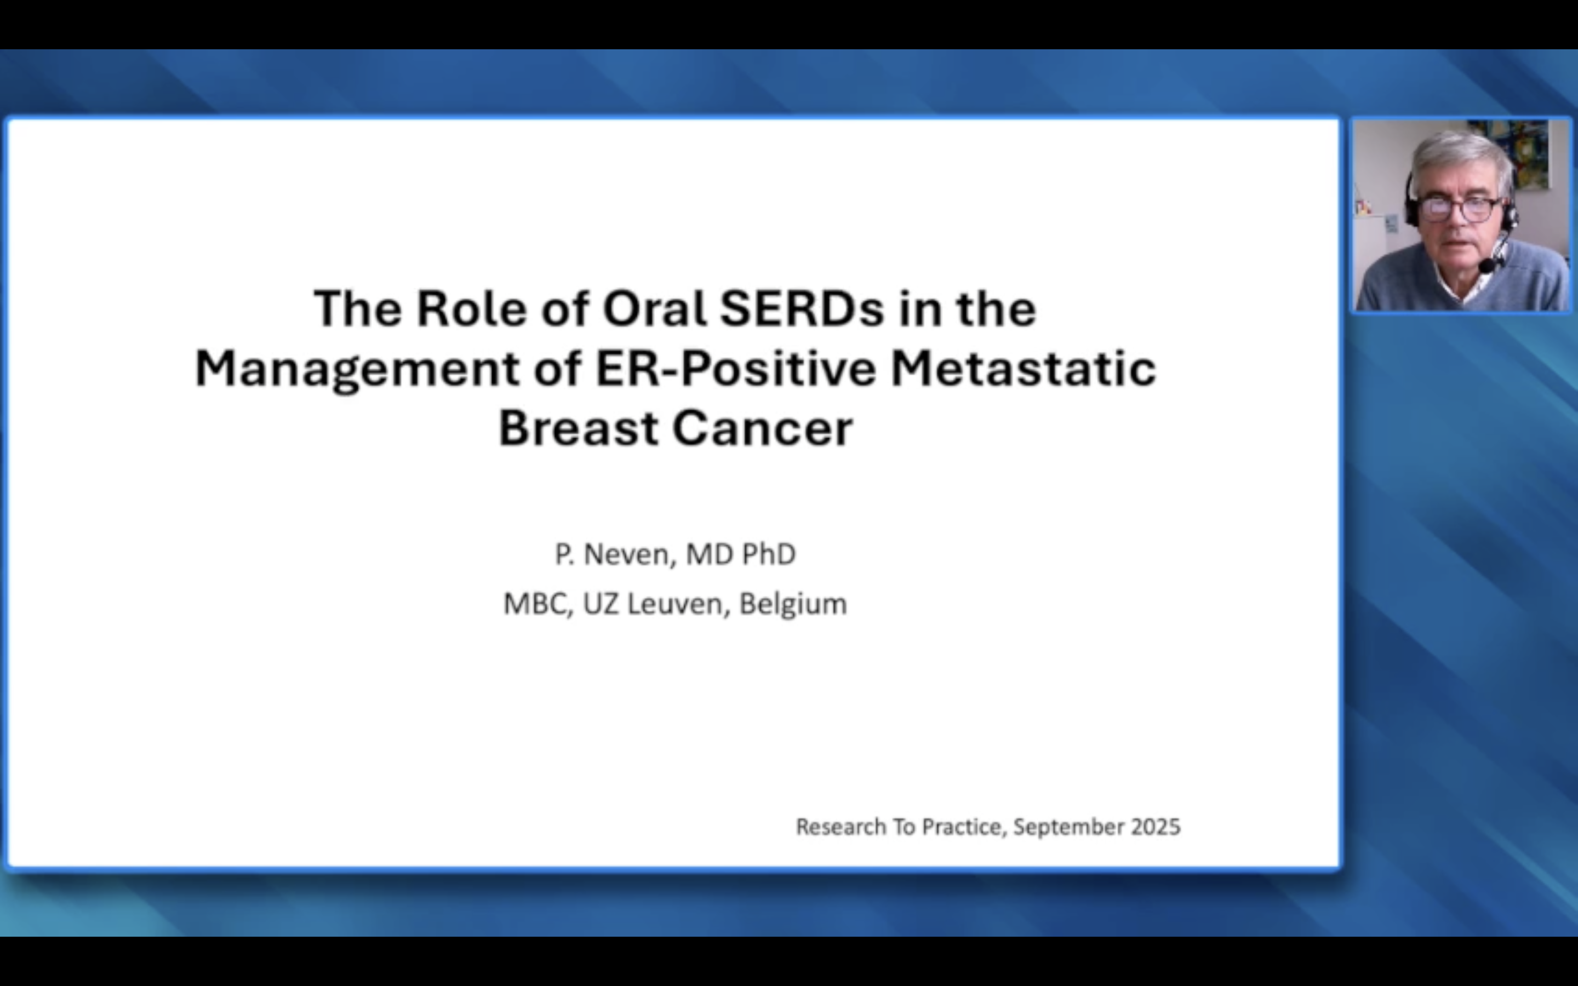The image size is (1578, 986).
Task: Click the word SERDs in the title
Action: coord(802,308)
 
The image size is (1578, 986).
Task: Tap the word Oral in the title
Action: coord(654,308)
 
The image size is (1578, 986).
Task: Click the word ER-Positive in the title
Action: coord(735,369)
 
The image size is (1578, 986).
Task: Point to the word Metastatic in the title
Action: coord(1023,369)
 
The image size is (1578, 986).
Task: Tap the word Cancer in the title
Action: coord(762,429)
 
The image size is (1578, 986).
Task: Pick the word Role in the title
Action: coord(471,308)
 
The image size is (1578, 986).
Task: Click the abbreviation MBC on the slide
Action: coord(535,604)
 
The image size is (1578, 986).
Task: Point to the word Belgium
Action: coord(793,604)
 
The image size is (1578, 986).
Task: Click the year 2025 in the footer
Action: coord(1156,827)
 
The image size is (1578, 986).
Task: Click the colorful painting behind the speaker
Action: coord(1526,157)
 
